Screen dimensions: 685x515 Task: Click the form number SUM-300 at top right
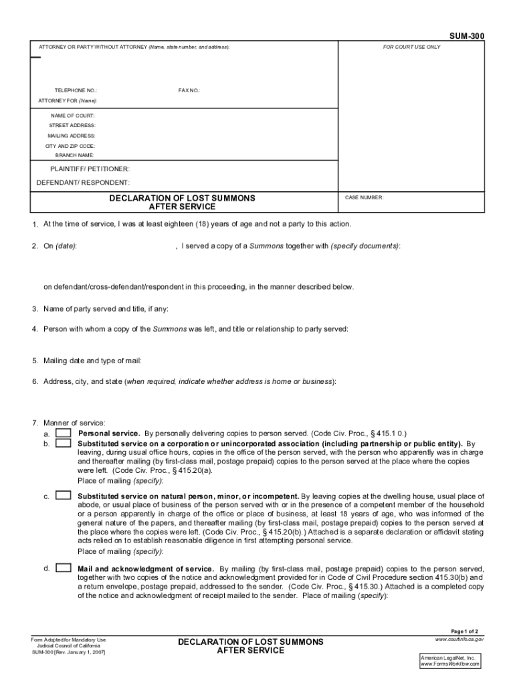(468, 36)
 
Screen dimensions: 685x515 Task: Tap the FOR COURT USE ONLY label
(411, 47)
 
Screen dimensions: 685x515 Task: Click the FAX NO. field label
(189, 90)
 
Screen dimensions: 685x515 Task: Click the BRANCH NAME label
(75, 155)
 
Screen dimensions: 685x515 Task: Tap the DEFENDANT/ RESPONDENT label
(83, 183)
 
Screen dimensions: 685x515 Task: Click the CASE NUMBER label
(364, 198)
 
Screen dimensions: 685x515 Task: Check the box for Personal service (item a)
(64, 433)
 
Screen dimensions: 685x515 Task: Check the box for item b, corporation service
(64, 443)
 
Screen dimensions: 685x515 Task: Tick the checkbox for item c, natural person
(64, 496)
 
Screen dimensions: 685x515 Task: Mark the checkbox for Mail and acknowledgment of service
(64, 568)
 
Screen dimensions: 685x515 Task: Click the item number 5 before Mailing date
(34, 361)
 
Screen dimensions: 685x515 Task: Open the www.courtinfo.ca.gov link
(459, 640)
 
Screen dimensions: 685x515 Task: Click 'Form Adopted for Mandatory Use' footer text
(68, 640)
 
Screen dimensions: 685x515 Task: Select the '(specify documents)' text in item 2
(366, 246)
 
